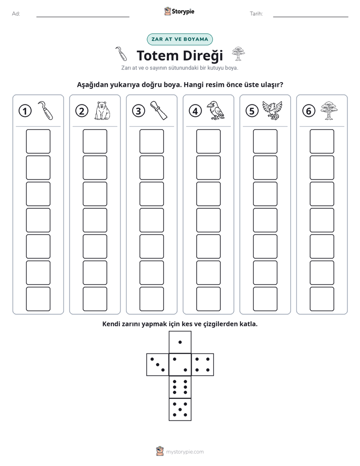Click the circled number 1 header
pyautogui.click(x=25, y=111)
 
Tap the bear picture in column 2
pyautogui.click(x=102, y=110)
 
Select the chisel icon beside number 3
pyautogui.click(x=159, y=110)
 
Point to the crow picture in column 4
pyautogui.click(x=215, y=110)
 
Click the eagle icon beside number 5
pyautogui.click(x=272, y=110)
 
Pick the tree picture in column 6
pyautogui.click(x=329, y=110)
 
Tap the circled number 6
pyautogui.click(x=309, y=111)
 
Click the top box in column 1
pyautogui.click(x=38, y=141)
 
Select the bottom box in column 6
pyautogui.click(x=322, y=299)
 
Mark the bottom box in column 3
pyautogui.click(x=151, y=299)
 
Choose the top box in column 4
pyautogui.click(x=209, y=141)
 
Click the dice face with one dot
pyautogui.click(x=180, y=342)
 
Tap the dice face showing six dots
pyautogui.click(x=180, y=387)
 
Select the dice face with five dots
pyautogui.click(x=180, y=410)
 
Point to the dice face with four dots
pyautogui.click(x=203, y=365)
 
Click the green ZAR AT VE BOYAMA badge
pyautogui.click(x=179, y=39)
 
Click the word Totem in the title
pyautogui.click(x=157, y=55)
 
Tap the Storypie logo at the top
pyautogui.click(x=179, y=11)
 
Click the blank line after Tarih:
pyautogui.click(x=311, y=17)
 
